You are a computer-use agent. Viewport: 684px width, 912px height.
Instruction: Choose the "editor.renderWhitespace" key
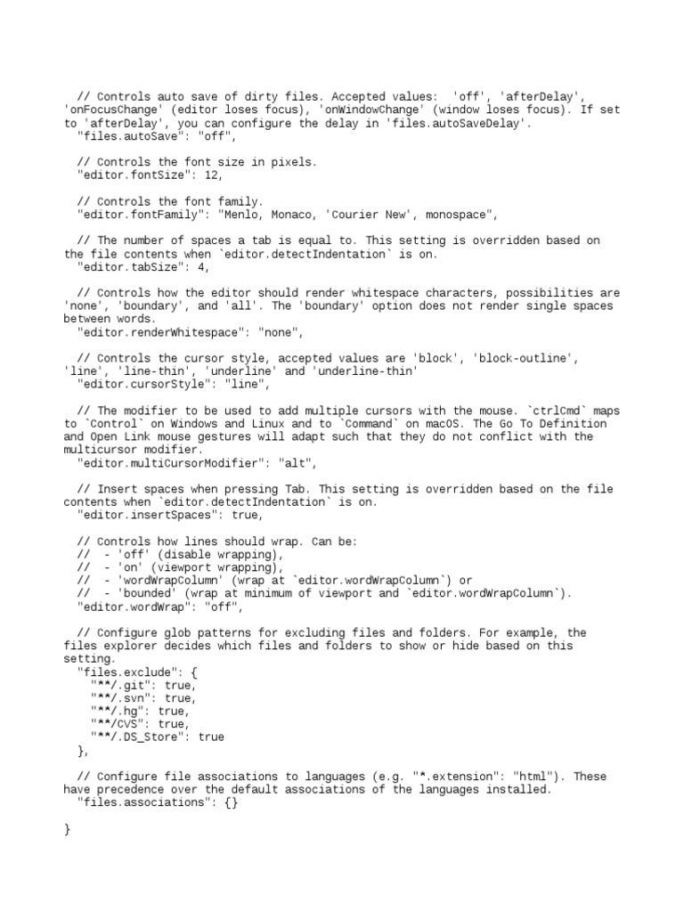158,332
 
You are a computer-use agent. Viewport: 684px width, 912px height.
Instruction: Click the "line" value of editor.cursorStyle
240,385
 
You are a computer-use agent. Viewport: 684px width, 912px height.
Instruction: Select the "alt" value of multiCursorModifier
297,463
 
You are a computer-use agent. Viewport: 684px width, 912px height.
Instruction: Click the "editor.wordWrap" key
134,607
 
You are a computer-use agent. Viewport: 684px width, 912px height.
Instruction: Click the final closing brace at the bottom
68,829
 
